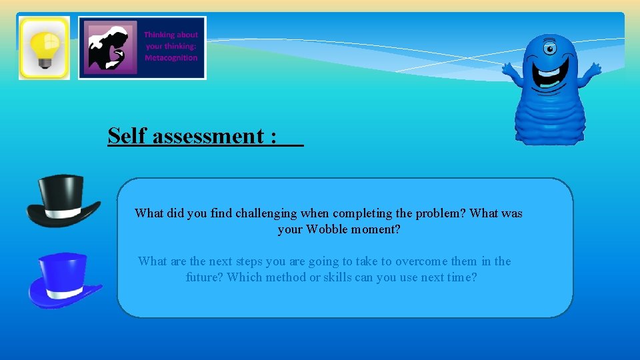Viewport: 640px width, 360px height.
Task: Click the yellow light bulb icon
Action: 44,47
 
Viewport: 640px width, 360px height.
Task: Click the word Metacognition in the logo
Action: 171,58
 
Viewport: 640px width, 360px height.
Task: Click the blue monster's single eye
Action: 549,48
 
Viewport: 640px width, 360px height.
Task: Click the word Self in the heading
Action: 128,136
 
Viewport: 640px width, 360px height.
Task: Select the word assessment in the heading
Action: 209,136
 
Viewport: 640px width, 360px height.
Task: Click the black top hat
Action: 62,199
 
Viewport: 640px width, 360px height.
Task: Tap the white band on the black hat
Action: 63,211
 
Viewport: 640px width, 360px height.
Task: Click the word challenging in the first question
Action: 264,213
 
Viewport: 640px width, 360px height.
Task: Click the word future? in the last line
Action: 205,277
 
